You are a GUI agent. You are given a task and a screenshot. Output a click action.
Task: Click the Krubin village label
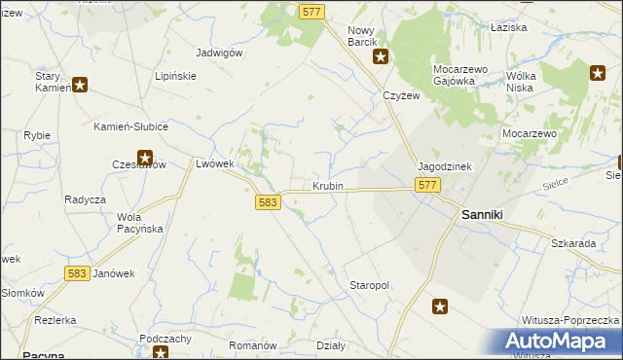[328, 185]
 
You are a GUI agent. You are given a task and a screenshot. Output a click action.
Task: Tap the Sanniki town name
[482, 214]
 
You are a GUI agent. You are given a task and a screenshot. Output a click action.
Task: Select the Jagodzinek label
[445, 166]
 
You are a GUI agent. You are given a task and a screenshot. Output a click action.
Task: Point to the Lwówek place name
[215, 163]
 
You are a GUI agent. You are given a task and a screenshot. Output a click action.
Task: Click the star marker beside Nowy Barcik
[382, 56]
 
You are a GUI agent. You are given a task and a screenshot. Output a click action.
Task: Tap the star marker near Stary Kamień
[80, 85]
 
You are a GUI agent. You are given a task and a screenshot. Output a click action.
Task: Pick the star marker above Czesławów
[145, 156]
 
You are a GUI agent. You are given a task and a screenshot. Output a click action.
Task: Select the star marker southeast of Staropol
[440, 306]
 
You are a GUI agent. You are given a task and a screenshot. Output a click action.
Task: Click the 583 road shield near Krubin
[270, 202]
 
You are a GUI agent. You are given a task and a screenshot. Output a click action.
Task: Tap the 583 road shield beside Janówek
[78, 274]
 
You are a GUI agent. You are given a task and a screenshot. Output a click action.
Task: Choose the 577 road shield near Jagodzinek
[426, 185]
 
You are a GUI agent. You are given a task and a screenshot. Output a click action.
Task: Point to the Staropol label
[369, 285]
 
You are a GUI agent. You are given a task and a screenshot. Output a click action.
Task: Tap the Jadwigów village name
[219, 53]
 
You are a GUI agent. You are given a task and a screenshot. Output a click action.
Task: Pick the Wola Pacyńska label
[139, 222]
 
